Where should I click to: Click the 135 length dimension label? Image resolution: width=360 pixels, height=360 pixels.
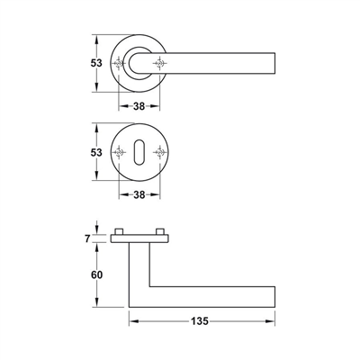pyautogui.click(x=200, y=321)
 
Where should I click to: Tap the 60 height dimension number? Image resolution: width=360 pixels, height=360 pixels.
pyautogui.click(x=96, y=274)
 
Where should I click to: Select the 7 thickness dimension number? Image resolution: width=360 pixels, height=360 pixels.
pyautogui.click(x=87, y=238)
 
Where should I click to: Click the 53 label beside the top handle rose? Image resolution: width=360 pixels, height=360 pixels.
pyautogui.click(x=96, y=63)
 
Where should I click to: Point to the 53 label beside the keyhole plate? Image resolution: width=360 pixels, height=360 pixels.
pyautogui.click(x=96, y=152)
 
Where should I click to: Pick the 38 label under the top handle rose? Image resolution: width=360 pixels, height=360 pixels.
pyautogui.click(x=139, y=106)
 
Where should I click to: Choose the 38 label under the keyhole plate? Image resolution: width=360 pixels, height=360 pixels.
pyautogui.click(x=139, y=195)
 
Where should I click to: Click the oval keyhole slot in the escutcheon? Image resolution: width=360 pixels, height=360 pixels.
pyautogui.click(x=139, y=152)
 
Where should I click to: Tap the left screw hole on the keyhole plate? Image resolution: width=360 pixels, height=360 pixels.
pyautogui.click(x=119, y=152)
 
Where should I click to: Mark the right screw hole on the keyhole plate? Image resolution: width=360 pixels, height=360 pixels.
pyautogui.click(x=159, y=152)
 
